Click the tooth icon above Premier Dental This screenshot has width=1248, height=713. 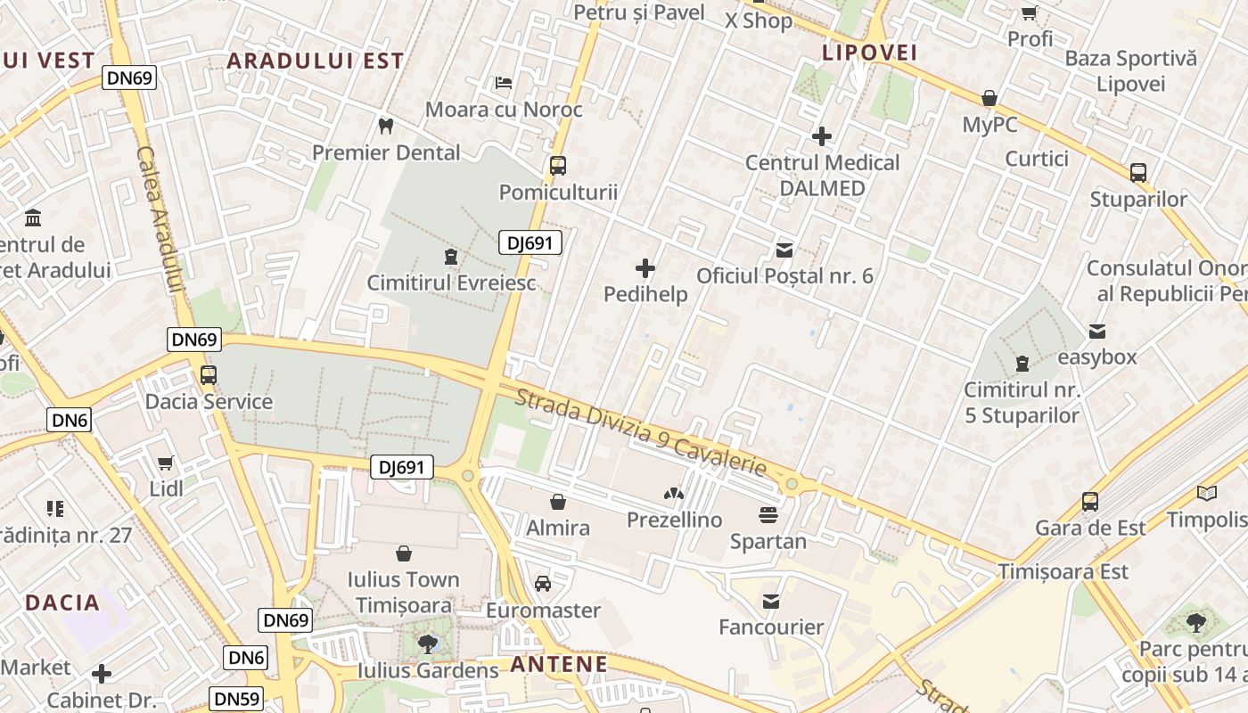386,126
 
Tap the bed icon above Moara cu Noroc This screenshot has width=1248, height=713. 504,83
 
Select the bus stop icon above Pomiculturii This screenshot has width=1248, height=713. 558,166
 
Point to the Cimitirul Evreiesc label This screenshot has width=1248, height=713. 452,283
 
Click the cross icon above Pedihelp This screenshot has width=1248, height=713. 645,267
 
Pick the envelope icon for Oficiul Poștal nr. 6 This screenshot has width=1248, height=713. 784,250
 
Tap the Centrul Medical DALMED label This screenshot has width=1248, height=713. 822,176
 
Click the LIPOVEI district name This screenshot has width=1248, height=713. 869,53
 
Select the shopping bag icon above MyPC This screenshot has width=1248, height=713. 989,98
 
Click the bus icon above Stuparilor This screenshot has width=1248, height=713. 1138,173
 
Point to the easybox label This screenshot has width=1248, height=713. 1097,357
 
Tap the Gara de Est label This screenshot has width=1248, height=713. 1090,529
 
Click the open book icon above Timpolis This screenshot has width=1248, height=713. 1207,493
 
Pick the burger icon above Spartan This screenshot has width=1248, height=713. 768,515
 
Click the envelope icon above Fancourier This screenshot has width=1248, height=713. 771,602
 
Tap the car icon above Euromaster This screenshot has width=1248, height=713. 543,585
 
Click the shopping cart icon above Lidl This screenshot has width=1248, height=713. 166,463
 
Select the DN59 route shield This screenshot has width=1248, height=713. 237,699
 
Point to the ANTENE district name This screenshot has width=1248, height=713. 559,664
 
